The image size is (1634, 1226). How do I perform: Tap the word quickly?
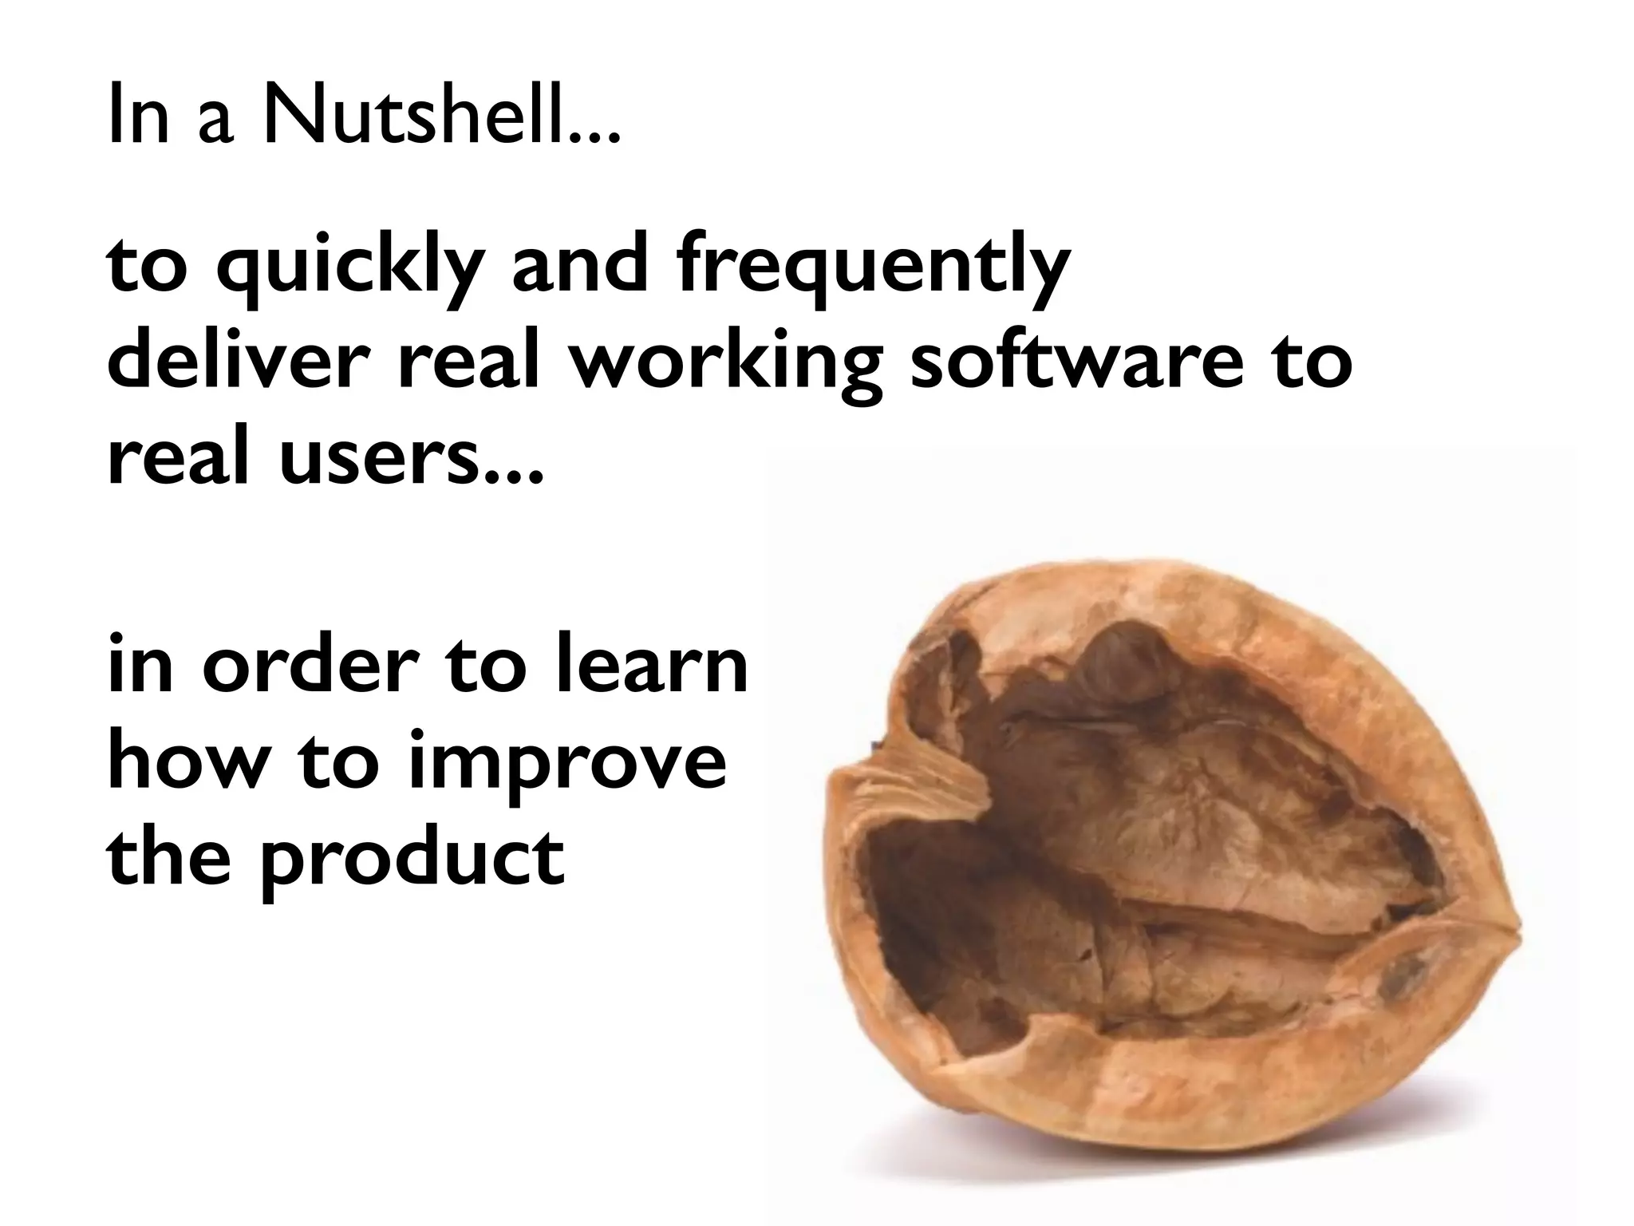(x=351, y=268)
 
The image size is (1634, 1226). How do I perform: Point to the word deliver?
(x=240, y=359)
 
